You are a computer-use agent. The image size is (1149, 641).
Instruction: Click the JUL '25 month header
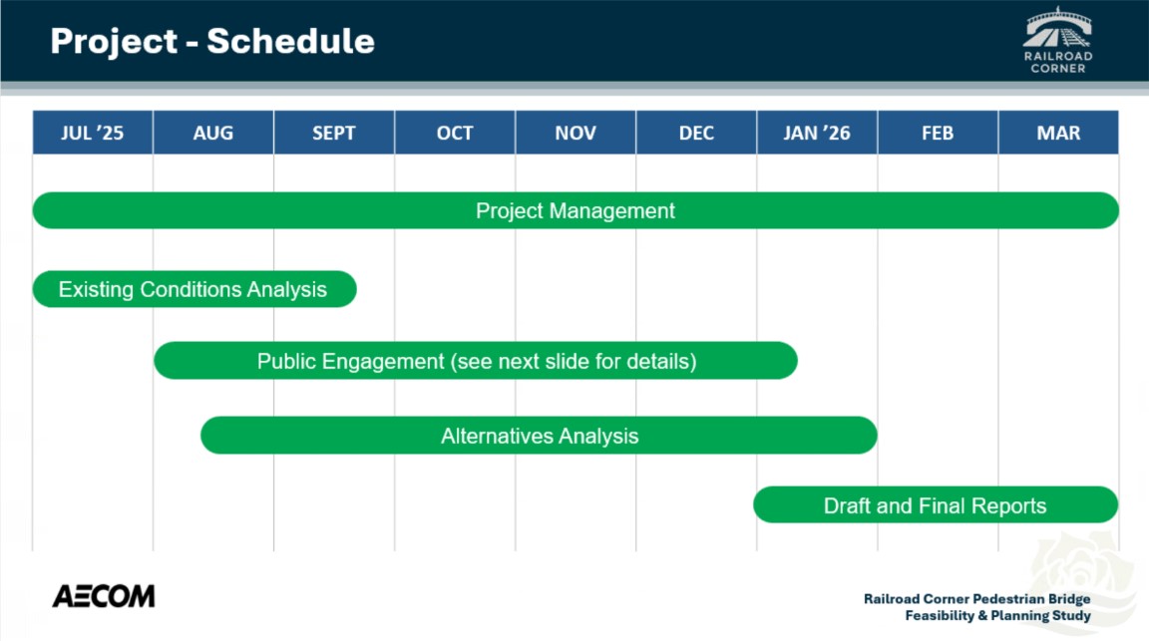pos(93,133)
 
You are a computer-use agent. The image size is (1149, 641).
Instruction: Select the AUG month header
pos(213,133)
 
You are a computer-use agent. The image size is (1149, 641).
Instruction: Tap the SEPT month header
pos(334,133)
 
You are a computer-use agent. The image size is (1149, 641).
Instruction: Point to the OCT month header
pos(455,133)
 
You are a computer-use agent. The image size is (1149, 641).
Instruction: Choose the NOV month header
pos(575,133)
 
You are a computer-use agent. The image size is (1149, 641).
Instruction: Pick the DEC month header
pos(696,133)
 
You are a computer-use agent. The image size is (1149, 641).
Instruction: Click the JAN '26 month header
pos(817,133)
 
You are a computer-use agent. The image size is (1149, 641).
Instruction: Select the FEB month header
pos(938,133)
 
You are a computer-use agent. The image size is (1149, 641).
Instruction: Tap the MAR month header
pos(1058,133)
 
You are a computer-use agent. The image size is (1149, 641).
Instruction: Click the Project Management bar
pos(575,210)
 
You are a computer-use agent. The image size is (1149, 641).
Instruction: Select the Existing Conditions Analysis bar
pos(194,289)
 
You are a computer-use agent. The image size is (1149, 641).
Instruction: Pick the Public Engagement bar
pos(476,361)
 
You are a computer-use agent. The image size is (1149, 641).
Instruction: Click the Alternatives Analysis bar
pos(539,436)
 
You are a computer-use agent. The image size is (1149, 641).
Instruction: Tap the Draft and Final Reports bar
pos(936,504)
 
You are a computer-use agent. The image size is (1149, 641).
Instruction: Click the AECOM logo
pos(104,596)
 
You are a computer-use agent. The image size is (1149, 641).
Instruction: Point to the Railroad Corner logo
pos(1058,40)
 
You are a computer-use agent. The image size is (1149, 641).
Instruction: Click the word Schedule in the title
pos(291,41)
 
